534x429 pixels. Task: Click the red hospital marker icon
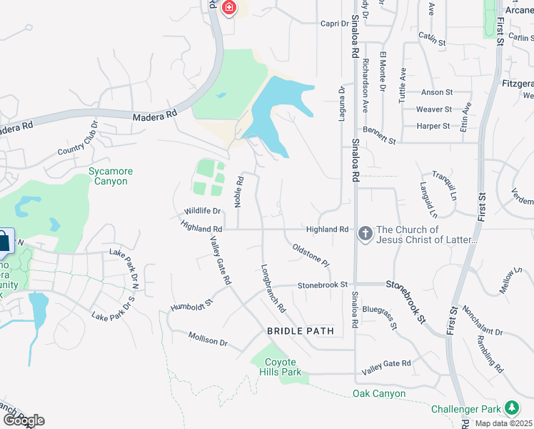click(x=229, y=8)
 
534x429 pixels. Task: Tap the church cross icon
click(x=365, y=233)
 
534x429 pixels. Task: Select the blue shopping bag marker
click(x=3, y=241)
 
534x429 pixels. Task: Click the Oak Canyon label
click(x=379, y=394)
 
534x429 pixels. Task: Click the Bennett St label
click(x=379, y=137)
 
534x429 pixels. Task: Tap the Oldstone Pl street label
click(x=311, y=255)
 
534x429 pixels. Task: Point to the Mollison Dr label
click(x=208, y=338)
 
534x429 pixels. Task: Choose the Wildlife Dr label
click(x=203, y=211)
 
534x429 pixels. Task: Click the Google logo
click(x=23, y=420)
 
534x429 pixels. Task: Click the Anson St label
click(x=437, y=92)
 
